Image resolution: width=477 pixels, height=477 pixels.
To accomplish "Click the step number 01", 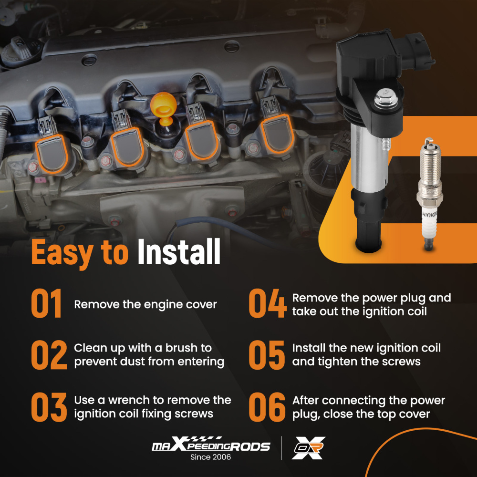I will (x=47, y=304).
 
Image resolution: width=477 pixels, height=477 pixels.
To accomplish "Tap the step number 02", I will (x=49, y=355).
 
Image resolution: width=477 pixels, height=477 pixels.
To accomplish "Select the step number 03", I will (x=49, y=407).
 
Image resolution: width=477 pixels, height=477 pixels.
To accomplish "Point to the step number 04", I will (x=268, y=304).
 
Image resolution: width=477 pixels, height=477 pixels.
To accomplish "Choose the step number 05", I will (x=267, y=355).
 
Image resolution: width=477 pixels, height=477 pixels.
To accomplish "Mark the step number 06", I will (x=268, y=407).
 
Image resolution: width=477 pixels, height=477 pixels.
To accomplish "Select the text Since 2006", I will (x=211, y=457).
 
